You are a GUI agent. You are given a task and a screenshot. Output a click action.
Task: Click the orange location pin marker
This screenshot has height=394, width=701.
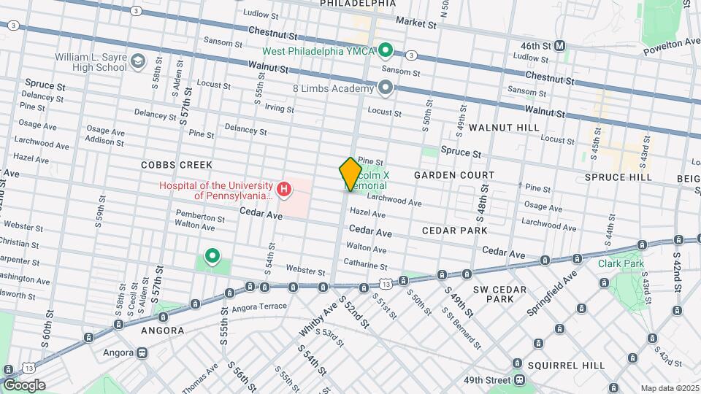350,174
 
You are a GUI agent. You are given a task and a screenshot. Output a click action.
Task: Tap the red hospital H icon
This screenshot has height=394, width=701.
284,191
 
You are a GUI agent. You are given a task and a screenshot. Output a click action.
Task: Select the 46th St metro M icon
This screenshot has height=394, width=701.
560,45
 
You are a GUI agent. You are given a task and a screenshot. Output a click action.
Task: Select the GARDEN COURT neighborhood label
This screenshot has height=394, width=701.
453,175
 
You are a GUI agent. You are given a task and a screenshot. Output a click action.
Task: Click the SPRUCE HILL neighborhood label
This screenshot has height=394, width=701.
618,177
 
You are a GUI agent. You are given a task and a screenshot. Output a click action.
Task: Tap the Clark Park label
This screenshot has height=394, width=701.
619,263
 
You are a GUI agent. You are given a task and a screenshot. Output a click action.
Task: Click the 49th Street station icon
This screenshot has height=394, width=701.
519,380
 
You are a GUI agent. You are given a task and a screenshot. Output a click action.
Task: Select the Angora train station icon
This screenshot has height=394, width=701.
141,352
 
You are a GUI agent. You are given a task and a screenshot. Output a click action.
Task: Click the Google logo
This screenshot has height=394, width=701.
23,385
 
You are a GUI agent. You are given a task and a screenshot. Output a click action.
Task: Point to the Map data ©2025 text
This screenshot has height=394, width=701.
669,388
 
